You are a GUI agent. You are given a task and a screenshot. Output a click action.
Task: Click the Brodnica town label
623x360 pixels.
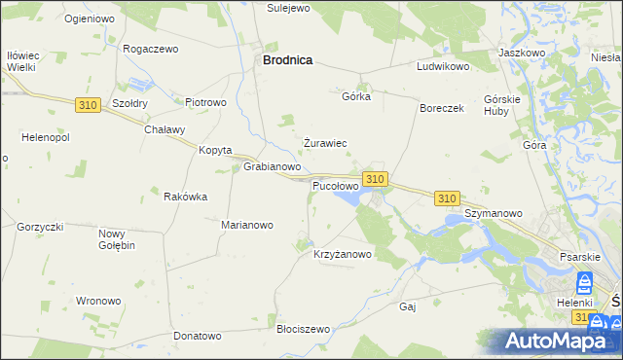click(287, 59)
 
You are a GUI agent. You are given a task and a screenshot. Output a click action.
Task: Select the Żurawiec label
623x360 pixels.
click(325, 143)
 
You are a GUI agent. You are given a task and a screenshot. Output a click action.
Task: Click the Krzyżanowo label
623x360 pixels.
click(343, 255)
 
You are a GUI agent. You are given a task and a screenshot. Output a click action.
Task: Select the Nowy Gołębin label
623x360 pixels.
click(117, 239)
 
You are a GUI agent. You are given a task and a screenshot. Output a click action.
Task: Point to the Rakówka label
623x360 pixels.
click(186, 197)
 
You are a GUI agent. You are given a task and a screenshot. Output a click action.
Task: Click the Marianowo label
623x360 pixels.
click(247, 225)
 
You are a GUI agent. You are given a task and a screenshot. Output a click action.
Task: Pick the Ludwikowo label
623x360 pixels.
click(443, 67)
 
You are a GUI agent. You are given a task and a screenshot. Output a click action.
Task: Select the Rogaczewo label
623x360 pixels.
click(152, 48)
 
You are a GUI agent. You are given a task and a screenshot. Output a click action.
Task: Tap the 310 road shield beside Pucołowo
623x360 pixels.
click(376, 179)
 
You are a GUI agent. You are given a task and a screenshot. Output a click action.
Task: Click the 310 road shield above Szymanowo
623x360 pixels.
click(447, 198)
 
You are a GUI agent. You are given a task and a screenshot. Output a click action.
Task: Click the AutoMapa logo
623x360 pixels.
click(560, 342)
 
